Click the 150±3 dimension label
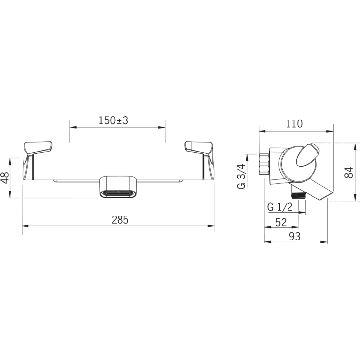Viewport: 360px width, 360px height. pos(114,120)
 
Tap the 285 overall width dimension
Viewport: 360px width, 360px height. pos(120,220)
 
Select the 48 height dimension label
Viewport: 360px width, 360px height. pos(5,178)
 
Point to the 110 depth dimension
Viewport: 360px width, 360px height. pos(294,124)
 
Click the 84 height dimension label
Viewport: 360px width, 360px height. pos(349,172)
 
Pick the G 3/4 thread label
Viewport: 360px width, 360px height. pos(241,176)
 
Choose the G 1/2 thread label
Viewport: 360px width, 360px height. pos(280,207)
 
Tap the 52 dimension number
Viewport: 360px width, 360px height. pos(281,222)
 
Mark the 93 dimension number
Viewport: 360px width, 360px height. pos(295,236)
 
